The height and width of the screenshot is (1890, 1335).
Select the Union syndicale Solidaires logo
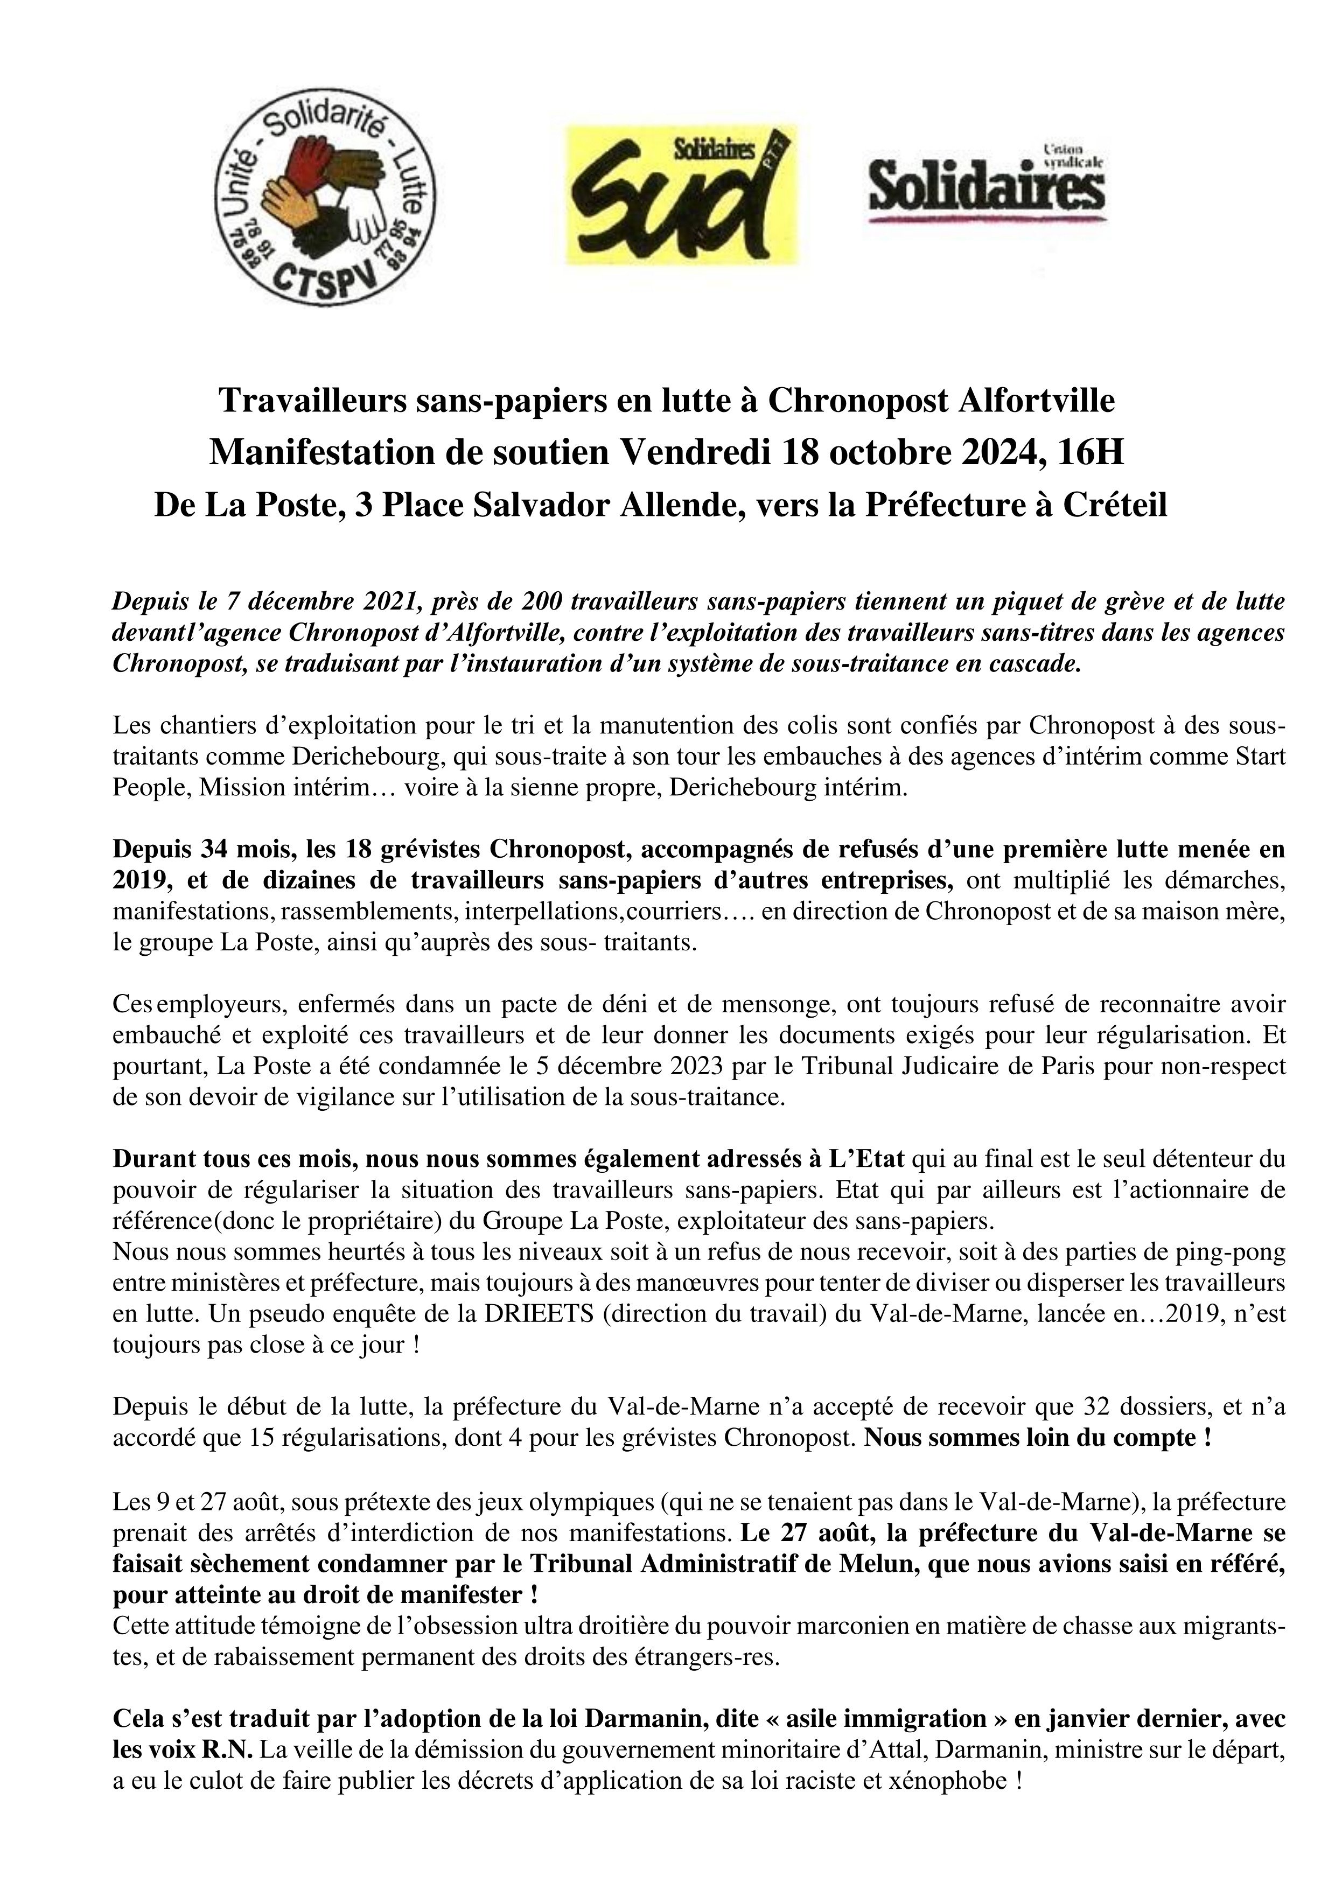click(987, 185)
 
